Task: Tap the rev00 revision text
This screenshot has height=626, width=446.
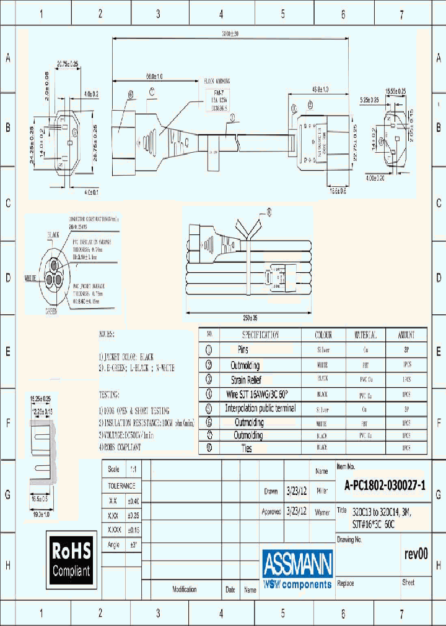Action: [416, 554]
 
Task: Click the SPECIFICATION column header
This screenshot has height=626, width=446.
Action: [260, 335]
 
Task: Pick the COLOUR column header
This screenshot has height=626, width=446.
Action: [323, 335]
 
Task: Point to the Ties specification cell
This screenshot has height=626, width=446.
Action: [246, 449]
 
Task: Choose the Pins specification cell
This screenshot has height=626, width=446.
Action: [246, 349]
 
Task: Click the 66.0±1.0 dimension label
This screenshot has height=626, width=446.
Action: [154, 77]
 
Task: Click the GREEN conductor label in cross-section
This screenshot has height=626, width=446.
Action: [51, 312]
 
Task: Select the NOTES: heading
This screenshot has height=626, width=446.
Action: [107, 334]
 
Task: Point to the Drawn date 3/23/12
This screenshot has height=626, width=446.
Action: [294, 492]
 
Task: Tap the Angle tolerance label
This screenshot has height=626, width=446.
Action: [113, 544]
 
